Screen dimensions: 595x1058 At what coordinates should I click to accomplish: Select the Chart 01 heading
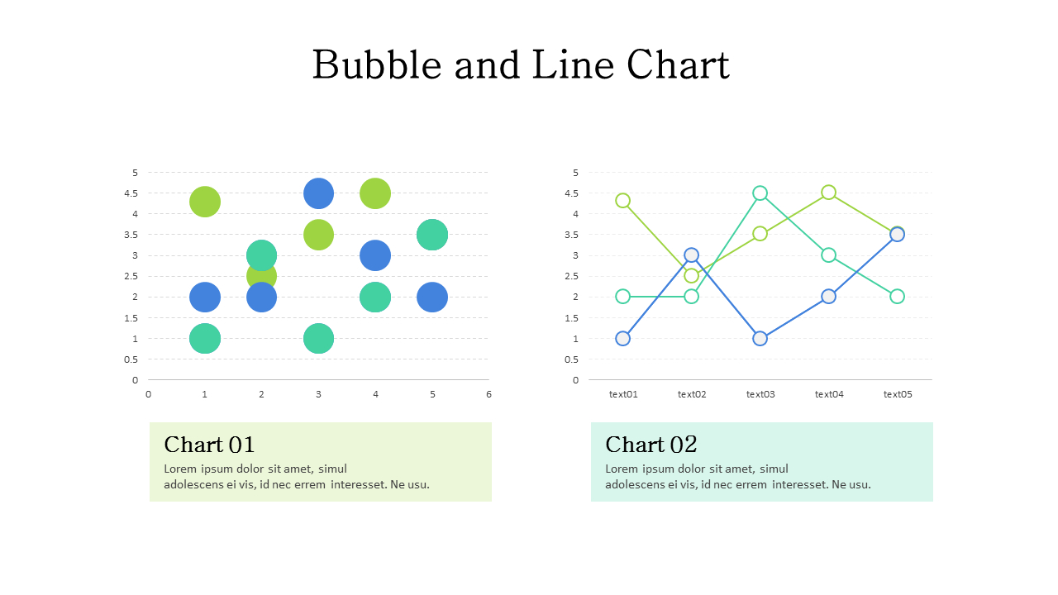[209, 445]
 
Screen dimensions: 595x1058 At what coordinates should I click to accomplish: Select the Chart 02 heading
[651, 445]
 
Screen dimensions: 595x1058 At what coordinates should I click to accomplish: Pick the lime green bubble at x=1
[205, 201]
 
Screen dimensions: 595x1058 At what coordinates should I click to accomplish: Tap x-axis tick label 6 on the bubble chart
[488, 394]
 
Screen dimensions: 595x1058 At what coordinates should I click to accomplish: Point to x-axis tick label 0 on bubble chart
[148, 394]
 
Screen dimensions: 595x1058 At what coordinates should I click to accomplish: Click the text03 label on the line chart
[760, 394]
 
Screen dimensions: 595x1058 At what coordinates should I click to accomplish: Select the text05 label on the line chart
[898, 394]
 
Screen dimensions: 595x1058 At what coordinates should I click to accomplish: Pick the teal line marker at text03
[760, 193]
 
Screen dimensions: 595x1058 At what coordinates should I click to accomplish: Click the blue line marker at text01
[623, 338]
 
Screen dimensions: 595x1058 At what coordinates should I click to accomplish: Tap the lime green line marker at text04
[828, 193]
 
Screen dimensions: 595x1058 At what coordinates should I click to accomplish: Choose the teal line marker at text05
[897, 297]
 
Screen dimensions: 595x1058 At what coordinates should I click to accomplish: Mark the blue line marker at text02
[692, 255]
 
